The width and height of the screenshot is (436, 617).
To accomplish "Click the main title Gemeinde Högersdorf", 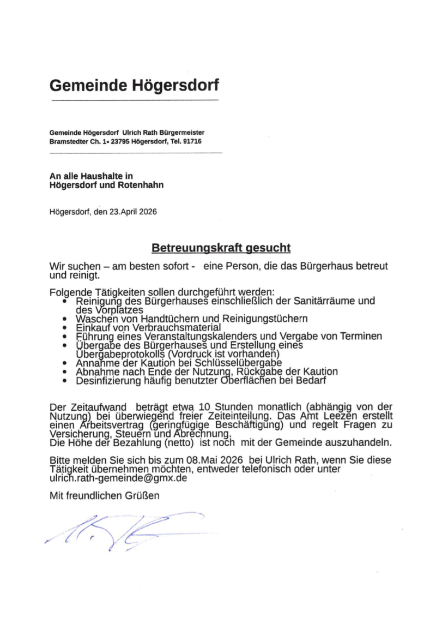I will click(x=134, y=85).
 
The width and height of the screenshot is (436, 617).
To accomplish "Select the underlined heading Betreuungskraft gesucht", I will click(x=221, y=248).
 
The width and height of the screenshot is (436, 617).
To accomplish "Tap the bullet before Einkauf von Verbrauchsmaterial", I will click(x=65, y=327).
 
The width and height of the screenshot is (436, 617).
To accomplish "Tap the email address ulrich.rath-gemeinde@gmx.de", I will click(x=118, y=477).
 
